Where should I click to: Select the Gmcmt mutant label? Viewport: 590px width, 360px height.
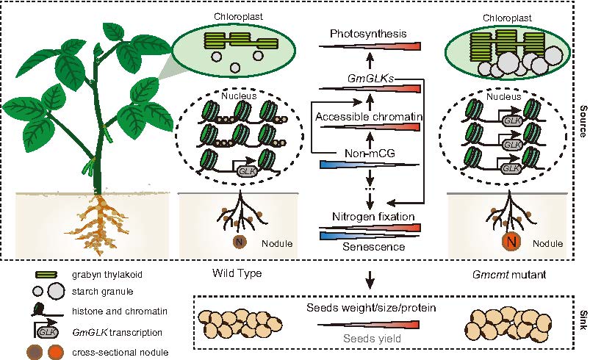(x=503, y=275)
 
